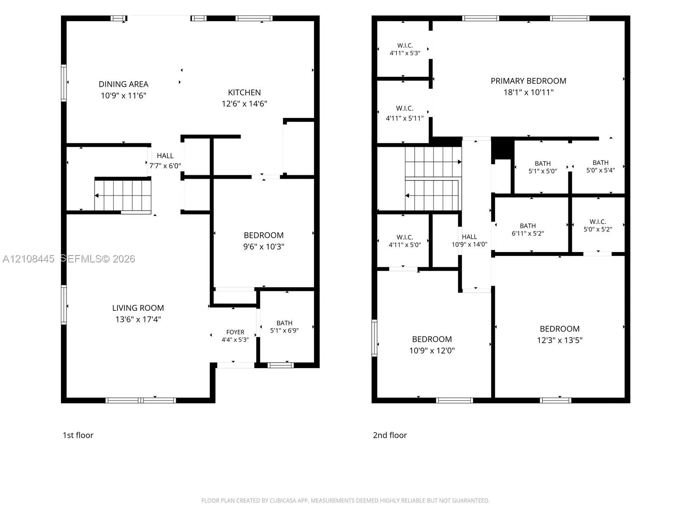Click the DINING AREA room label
(124, 84)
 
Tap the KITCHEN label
(244, 92)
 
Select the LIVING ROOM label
(138, 308)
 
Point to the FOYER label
(235, 332)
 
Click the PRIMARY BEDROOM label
(528, 81)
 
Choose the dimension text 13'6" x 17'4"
(138, 319)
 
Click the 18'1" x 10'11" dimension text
(528, 92)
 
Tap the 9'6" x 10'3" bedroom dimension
(263, 246)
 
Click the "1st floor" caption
(78, 435)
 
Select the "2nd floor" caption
(390, 435)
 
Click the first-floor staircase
(123, 195)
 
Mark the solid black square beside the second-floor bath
(502, 149)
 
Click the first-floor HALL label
(165, 156)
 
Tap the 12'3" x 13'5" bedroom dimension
(559, 340)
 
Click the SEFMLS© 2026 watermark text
(98, 259)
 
